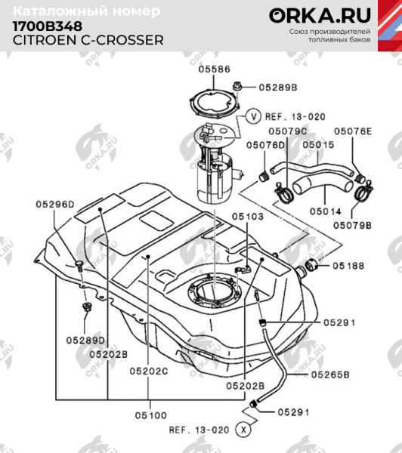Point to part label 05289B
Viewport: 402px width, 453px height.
click(278, 88)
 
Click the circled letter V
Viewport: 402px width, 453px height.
click(253, 116)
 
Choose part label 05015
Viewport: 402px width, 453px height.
click(318, 144)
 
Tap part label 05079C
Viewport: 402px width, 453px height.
click(289, 131)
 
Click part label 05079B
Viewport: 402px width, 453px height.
click(354, 224)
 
